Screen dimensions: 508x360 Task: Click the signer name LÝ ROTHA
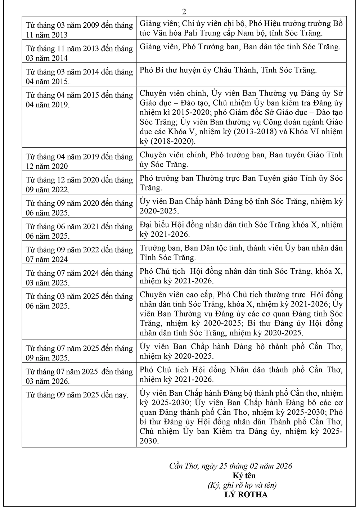click(246, 494)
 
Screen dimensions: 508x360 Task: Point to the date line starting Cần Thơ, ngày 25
click(231, 466)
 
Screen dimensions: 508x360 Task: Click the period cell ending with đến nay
click(77, 395)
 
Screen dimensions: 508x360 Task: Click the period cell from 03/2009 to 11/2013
click(79, 30)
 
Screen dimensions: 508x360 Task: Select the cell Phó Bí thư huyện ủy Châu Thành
click(228, 70)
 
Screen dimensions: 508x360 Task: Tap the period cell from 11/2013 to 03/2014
click(79, 53)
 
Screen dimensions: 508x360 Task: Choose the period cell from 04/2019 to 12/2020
click(79, 161)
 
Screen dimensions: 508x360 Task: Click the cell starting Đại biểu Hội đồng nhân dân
click(241, 229)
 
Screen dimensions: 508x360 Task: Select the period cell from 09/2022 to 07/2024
click(79, 254)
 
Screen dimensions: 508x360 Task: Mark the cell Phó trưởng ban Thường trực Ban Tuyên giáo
click(241, 183)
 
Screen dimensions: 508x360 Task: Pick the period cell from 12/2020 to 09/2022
click(79, 185)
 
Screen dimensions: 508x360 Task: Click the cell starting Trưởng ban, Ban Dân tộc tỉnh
click(241, 253)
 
